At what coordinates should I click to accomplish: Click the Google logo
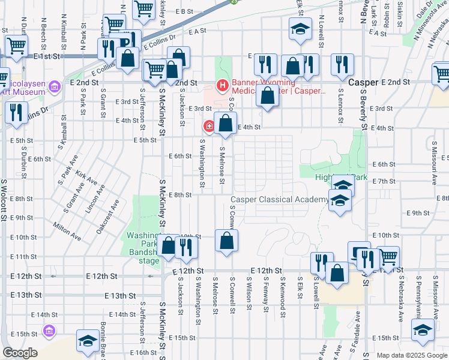[x=20, y=353]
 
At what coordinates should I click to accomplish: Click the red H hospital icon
[x=222, y=86]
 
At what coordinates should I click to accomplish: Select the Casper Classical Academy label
[x=280, y=199]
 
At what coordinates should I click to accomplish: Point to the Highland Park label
[x=341, y=177]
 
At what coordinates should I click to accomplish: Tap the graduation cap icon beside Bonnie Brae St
[x=88, y=340]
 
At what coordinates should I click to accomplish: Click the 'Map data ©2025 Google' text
[x=412, y=355]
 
